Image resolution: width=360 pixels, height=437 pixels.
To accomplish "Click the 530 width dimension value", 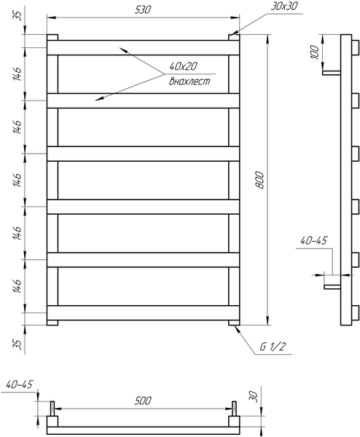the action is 143,9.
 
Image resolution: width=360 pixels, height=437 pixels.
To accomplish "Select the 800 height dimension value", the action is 259,180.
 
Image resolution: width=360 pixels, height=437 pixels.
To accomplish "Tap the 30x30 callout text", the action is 284,6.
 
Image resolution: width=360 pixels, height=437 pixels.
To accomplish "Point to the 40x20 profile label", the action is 183,66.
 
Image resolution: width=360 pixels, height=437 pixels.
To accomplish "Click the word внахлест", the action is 189,81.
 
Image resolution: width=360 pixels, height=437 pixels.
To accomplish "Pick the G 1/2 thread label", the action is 273,347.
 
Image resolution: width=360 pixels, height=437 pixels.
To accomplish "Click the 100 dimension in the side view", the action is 315,52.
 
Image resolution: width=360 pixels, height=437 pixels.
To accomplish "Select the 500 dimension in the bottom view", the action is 143,401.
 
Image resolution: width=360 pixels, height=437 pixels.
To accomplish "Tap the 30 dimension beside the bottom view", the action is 252,395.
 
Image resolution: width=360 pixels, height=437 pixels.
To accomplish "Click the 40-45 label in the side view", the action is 313,240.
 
